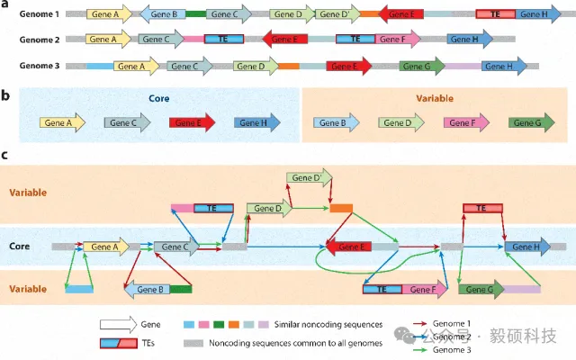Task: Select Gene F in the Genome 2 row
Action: click(x=392, y=40)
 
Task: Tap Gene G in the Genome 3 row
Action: click(x=417, y=67)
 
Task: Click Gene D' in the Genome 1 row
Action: click(x=335, y=15)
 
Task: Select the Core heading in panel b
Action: click(x=150, y=98)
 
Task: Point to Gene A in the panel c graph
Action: click(x=106, y=246)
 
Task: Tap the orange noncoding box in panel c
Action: click(x=341, y=209)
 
